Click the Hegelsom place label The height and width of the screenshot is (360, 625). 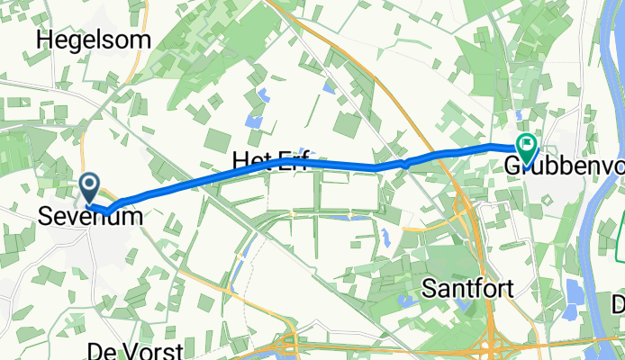(x=93, y=39)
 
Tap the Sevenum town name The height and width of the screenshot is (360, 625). (x=89, y=217)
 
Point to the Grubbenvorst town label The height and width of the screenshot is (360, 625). (x=564, y=166)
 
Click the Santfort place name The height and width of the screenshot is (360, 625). (x=468, y=290)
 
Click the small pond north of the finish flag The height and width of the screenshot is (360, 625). (x=519, y=114)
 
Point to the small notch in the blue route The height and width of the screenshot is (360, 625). (x=406, y=163)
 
